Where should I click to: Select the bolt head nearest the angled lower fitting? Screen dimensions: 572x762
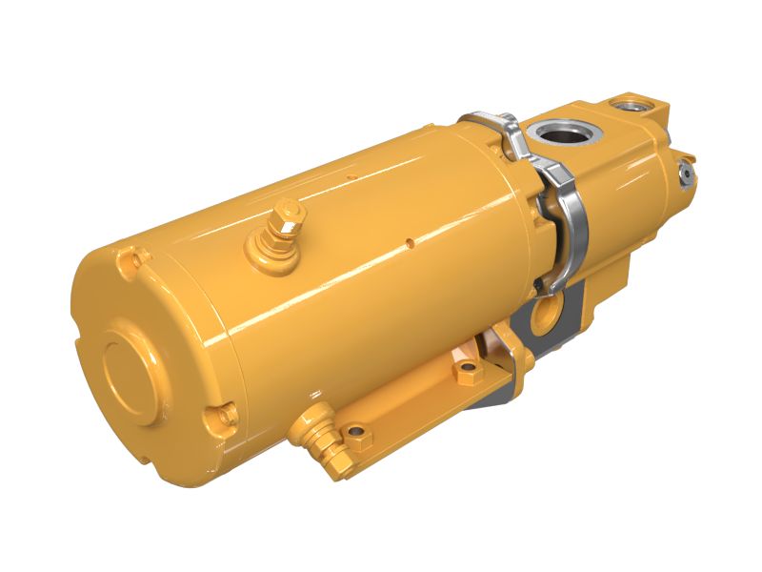point(356,438)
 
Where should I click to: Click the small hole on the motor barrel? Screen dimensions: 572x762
point(408,241)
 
